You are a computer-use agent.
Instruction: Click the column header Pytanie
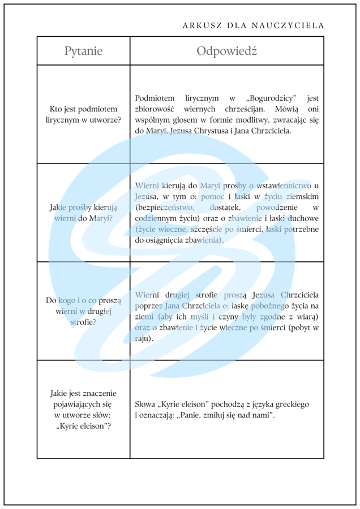coord(83,51)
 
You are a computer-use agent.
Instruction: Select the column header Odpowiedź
coord(226,51)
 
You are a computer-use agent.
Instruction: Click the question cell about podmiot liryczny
coord(83,114)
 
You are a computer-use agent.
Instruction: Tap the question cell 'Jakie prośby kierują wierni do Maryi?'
coord(83,213)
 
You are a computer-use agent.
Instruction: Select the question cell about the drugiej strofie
coord(83,311)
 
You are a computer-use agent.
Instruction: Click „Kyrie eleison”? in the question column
coord(84,426)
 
